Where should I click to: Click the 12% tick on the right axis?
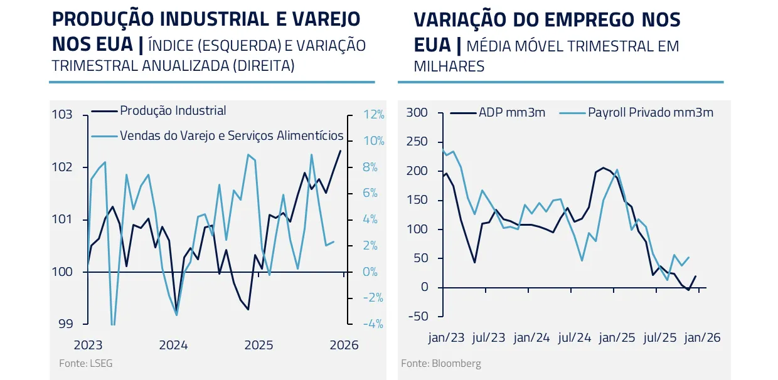(374, 115)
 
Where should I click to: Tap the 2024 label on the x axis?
(173, 345)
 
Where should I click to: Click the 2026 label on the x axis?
(344, 345)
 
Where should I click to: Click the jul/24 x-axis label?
(574, 337)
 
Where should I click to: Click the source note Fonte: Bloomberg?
(441, 363)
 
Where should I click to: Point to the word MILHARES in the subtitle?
(449, 66)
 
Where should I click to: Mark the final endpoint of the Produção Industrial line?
(341, 150)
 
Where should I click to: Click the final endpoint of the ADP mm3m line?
(696, 276)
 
